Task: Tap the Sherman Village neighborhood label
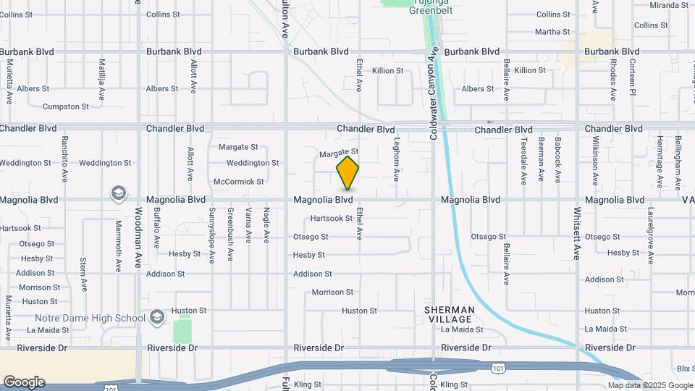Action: (x=450, y=315)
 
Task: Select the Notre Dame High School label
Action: (x=90, y=318)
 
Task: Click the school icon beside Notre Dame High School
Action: (x=157, y=317)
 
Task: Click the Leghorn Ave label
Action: (x=396, y=159)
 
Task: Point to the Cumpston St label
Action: (x=66, y=106)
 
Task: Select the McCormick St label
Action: (x=239, y=181)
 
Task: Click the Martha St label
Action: (x=552, y=32)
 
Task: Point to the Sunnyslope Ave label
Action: (x=212, y=235)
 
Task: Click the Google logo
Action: (x=24, y=382)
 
